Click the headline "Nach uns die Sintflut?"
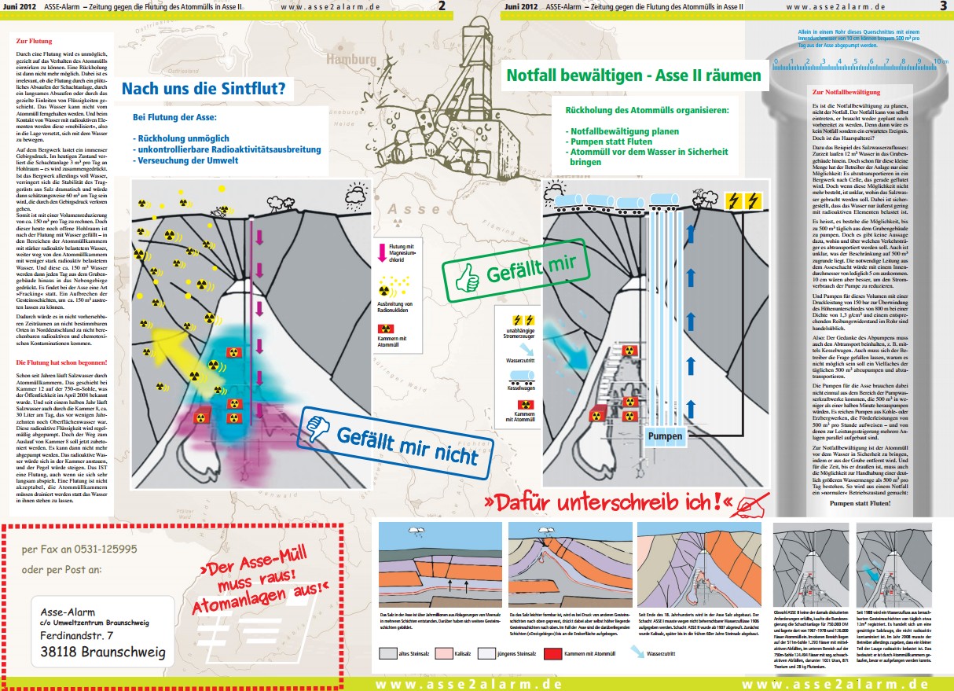pyautogui.click(x=203, y=89)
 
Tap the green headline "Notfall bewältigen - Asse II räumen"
pyautogui.click(x=633, y=75)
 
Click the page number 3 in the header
pyautogui.click(x=942, y=6)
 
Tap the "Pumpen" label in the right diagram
pyautogui.click(x=665, y=435)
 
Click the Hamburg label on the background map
pyautogui.click(x=350, y=60)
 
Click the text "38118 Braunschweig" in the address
pyautogui.click(x=103, y=652)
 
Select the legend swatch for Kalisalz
pyautogui.click(x=450, y=652)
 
